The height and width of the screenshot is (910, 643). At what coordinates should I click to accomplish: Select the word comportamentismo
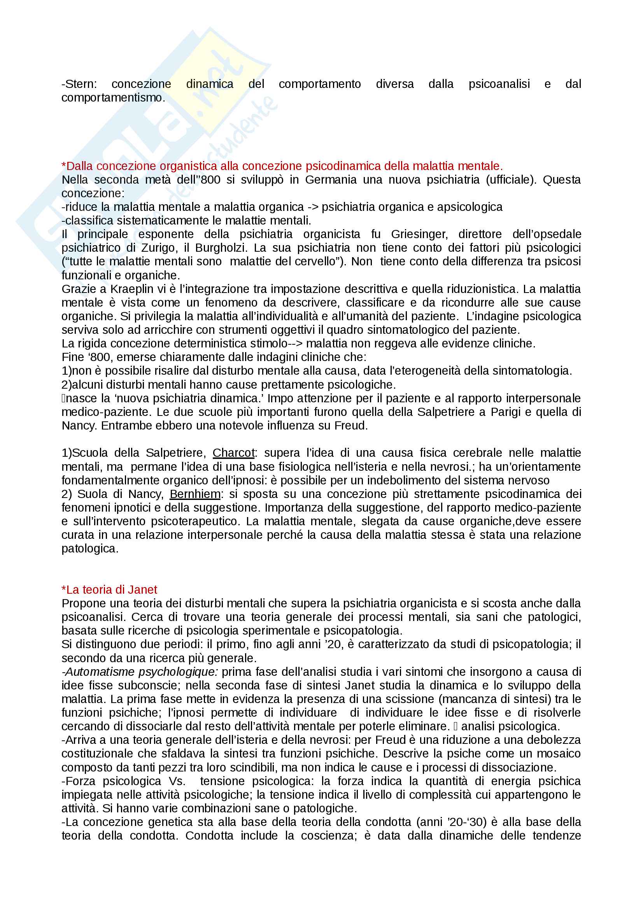point(112,98)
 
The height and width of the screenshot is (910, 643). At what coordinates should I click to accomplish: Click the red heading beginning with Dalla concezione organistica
point(282,166)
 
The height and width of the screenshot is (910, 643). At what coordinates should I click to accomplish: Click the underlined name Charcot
point(233,452)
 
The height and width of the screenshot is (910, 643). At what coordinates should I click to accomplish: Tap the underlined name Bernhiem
point(195,494)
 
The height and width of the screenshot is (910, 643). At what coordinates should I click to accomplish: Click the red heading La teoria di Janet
point(109,589)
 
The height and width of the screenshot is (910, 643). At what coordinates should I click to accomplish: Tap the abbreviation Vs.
point(177,781)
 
